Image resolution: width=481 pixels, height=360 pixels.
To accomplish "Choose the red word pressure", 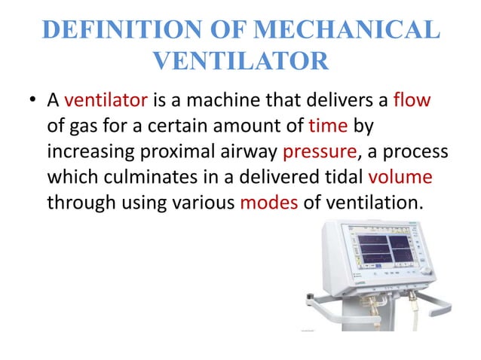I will tap(317, 151).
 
